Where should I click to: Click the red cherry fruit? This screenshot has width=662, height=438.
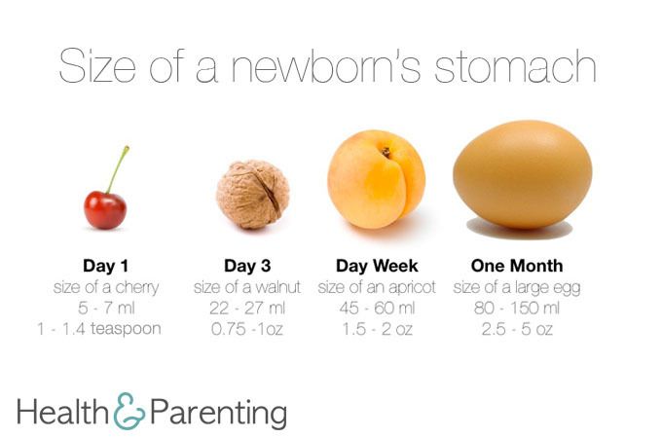click(105, 210)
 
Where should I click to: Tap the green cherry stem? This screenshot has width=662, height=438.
click(118, 169)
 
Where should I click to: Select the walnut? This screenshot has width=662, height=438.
click(253, 194)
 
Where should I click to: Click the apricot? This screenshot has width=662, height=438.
click(376, 179)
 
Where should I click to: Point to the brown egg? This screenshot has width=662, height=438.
click(522, 174)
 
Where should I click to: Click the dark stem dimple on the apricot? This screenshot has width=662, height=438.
click(386, 152)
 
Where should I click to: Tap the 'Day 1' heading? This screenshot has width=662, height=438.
click(105, 266)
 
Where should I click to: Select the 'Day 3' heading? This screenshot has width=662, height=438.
click(247, 266)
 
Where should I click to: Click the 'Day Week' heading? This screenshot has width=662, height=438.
click(377, 266)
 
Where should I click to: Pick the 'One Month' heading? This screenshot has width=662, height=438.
click(517, 266)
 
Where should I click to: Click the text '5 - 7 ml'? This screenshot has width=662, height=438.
click(106, 308)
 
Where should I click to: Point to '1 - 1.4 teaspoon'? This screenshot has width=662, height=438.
click(99, 329)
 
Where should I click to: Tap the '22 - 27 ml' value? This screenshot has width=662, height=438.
click(247, 308)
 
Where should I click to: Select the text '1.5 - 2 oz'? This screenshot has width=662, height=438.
click(377, 329)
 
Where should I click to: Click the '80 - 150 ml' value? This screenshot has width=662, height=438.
click(517, 308)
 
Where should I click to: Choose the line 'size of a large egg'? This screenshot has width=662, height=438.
click(517, 288)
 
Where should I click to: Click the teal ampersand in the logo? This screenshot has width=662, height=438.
click(129, 411)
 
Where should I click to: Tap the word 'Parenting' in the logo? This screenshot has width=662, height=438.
click(219, 413)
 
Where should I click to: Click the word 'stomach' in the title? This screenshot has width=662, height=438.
click(515, 66)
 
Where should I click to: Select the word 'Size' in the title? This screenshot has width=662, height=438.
click(97, 66)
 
